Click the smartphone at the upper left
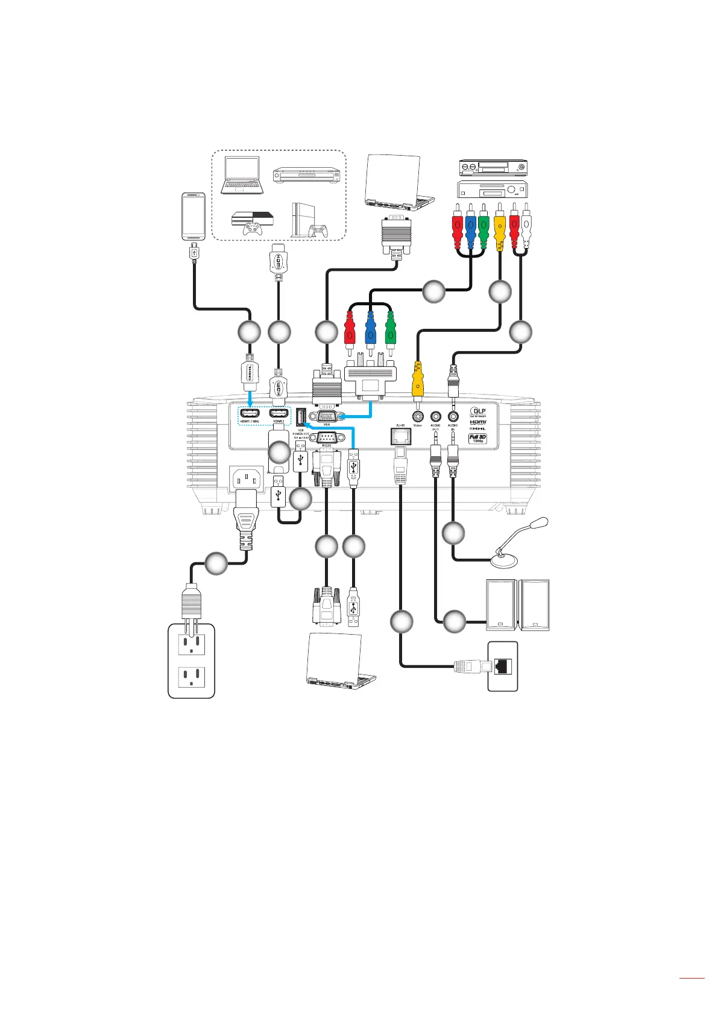point(194,217)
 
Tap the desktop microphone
point(512,543)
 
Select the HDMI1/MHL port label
point(250,421)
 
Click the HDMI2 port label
point(279,421)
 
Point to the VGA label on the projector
point(327,424)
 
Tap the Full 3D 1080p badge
point(477,439)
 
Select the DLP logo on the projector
point(478,412)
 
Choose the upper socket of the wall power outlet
point(191,644)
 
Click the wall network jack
point(502,666)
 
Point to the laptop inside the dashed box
point(242,176)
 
